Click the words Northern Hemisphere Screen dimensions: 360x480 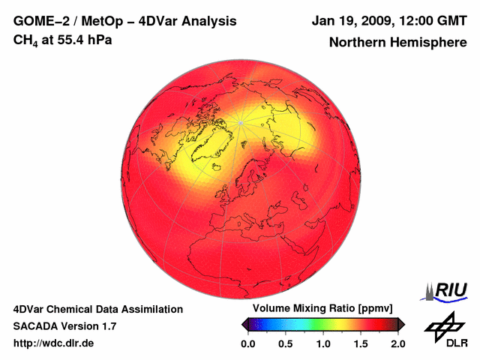pos(397,43)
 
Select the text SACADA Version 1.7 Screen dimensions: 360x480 pos(64,326)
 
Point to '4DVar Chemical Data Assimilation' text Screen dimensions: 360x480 pos(97,309)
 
